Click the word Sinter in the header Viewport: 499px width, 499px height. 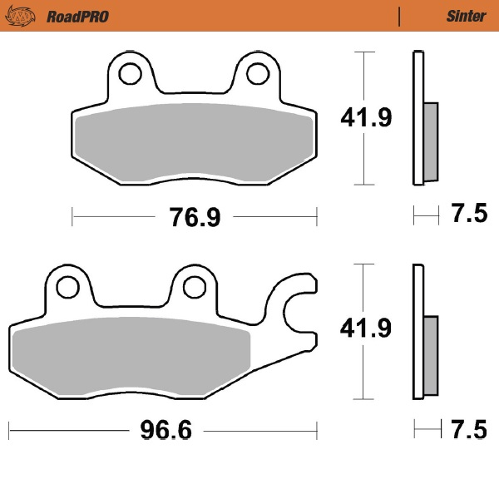pyautogui.click(x=466, y=16)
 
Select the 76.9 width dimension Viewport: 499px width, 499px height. pyautogui.click(x=195, y=218)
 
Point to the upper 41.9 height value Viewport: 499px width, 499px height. pyautogui.click(x=365, y=118)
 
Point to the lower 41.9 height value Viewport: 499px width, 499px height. pyautogui.click(x=365, y=329)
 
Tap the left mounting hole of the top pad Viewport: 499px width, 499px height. pyautogui.click(x=130, y=75)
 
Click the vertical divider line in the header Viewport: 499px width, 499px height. pyautogui.click(x=400, y=16)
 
